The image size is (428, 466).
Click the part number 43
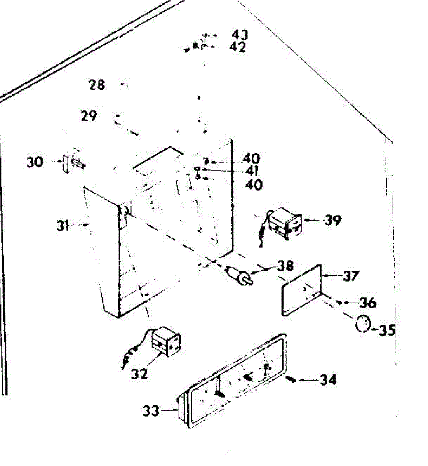[240, 35]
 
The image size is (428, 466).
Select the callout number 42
[238, 47]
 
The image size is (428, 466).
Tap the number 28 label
[97, 84]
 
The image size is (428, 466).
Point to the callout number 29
[89, 116]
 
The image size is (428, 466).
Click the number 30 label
[35, 162]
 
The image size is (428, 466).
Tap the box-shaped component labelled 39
[284, 224]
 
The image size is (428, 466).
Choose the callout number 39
[333, 220]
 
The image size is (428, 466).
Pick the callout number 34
[328, 379]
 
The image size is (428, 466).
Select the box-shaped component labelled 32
[166, 341]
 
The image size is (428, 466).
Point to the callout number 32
[139, 374]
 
